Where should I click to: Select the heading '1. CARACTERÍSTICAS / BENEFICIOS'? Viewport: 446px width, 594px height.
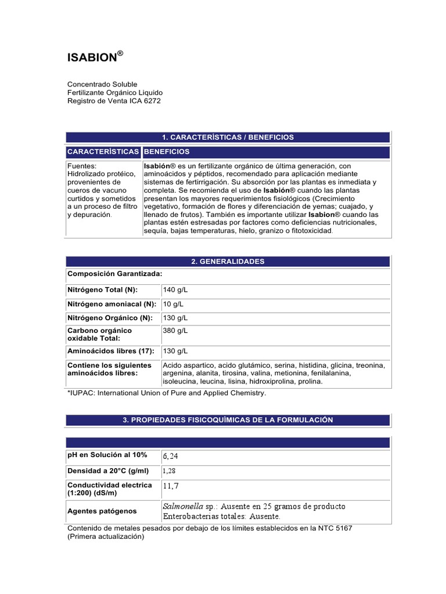[228, 137]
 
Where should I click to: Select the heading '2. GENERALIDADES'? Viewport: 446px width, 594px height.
[228, 262]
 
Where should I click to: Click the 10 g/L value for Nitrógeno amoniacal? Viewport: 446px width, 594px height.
[173, 303]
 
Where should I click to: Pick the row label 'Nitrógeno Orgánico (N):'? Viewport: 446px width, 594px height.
[110, 318]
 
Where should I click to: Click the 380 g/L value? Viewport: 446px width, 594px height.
[175, 331]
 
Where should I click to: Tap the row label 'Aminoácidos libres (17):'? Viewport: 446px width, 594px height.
[111, 351]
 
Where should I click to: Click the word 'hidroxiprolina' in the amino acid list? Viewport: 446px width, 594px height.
[274, 382]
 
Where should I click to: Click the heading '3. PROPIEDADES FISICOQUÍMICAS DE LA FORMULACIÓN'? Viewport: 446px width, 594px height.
[228, 419]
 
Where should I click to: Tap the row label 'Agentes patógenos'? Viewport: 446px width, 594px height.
[102, 511]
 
